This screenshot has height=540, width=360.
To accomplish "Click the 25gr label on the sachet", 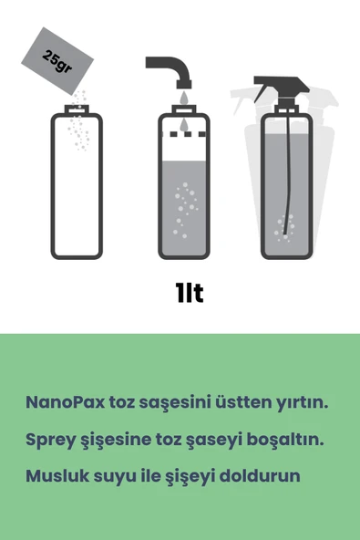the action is (57, 61).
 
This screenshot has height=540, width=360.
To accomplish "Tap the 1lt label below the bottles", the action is (189, 293).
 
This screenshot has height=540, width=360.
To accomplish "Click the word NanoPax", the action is (65, 402).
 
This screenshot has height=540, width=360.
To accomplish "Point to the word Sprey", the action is (50, 440).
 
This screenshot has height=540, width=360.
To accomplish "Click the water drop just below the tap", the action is (184, 98).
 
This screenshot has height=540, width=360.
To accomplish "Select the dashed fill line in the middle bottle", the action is (184, 134).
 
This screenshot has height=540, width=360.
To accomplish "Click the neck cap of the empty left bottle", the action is (77, 109).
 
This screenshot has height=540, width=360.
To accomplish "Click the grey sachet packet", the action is (57, 61).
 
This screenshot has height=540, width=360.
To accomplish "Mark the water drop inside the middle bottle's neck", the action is (184, 125).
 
